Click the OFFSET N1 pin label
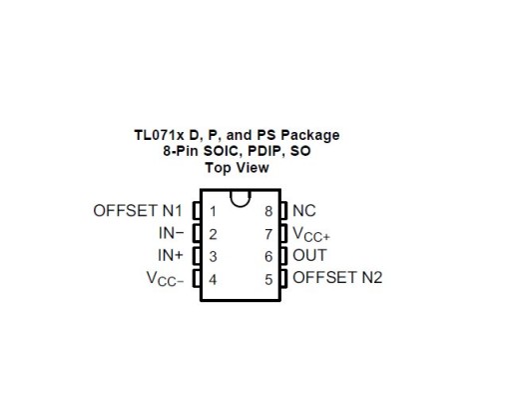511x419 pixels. point(138,211)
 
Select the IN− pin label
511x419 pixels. point(172,233)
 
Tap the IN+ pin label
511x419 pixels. point(171,255)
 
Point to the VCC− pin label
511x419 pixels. point(165,279)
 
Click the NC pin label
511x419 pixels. point(304,211)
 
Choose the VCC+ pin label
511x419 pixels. point(311,234)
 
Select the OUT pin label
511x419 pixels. point(309,255)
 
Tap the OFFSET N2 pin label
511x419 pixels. point(337,278)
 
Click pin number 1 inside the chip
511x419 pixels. point(213,211)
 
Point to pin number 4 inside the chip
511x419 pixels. point(213,279)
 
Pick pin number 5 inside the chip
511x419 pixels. point(268,279)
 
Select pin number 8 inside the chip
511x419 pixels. point(268,211)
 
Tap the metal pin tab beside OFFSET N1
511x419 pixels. point(197,210)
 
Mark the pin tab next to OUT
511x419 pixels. point(283,256)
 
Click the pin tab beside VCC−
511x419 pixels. point(197,278)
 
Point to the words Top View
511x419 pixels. point(237,168)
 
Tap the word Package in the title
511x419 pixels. point(310,136)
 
